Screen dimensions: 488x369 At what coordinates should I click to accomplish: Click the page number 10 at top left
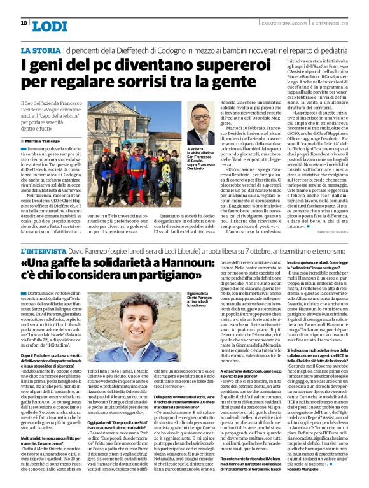coord(24,23)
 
